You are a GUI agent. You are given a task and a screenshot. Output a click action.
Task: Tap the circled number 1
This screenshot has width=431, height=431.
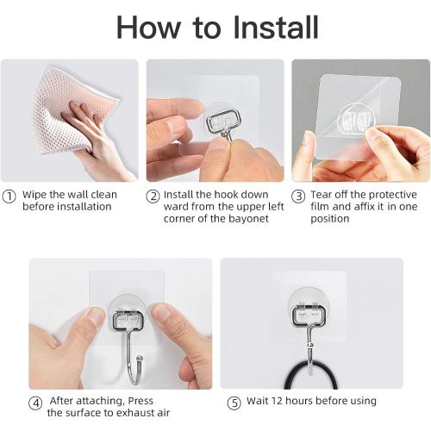(x=9, y=196)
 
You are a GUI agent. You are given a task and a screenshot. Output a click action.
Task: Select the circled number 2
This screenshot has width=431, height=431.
(x=153, y=196)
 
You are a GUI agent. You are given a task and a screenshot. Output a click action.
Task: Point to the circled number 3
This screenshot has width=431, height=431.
(x=298, y=196)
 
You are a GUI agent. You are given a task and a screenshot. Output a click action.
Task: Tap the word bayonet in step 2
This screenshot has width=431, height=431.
(x=247, y=219)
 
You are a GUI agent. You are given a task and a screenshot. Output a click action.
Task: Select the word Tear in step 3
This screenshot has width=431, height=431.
(x=321, y=196)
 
